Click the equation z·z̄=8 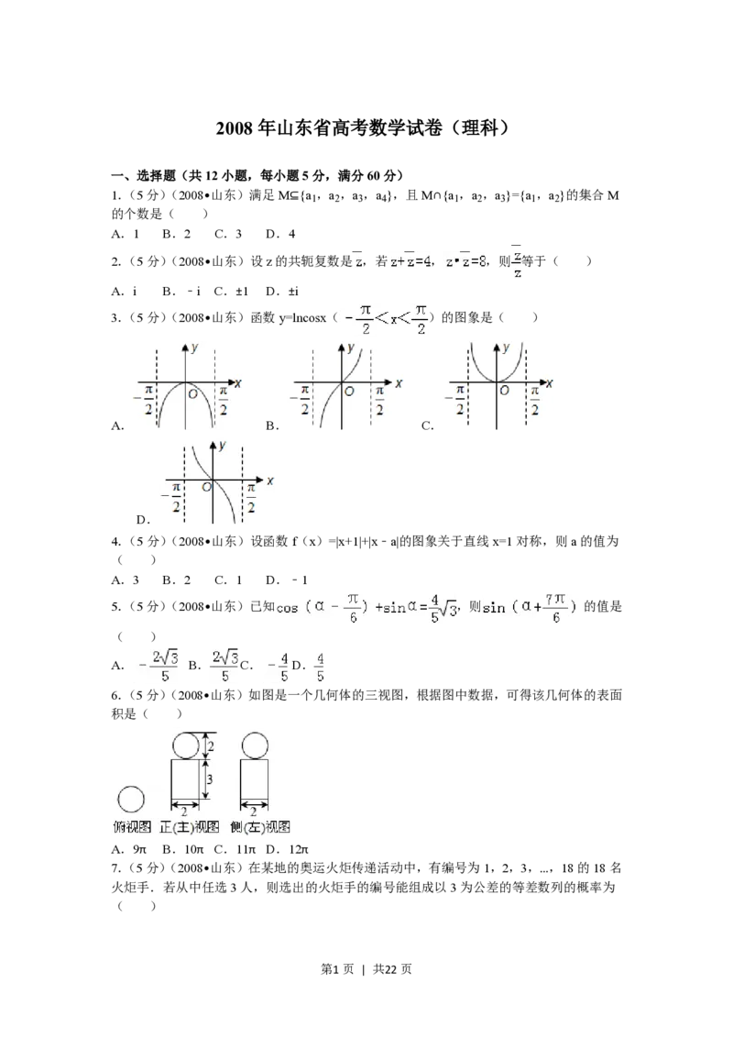[466, 261]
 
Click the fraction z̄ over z [518, 262]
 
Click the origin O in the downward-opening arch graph [192, 394]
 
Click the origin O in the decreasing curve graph [206, 487]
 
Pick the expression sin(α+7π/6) [532, 608]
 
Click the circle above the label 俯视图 [131, 799]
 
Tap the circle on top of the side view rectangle [254, 746]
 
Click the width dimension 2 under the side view [254, 812]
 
